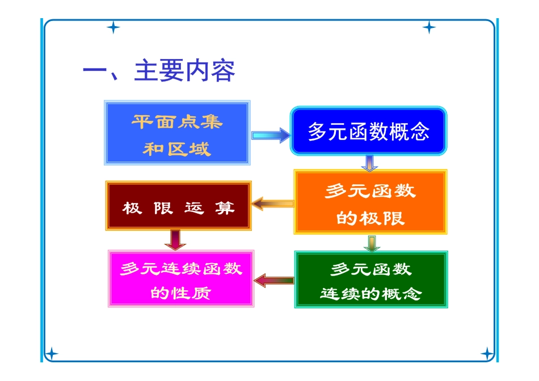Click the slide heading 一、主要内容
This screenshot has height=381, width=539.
[x=159, y=71]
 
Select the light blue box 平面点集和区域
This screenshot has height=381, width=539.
[x=177, y=133]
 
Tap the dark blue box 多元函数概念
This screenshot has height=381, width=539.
[x=369, y=131]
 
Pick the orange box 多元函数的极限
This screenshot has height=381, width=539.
[x=370, y=202]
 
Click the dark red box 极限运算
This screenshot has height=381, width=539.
[x=178, y=206]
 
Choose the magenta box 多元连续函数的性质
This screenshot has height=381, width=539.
[x=181, y=279]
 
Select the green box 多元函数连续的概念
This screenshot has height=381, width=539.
[x=371, y=280]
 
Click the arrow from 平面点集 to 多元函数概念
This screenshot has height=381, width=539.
[x=270, y=136]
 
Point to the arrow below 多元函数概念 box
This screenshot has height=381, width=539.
[x=369, y=163]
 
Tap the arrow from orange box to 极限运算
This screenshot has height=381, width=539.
[x=273, y=204]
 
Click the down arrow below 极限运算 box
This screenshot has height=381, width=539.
[x=175, y=239]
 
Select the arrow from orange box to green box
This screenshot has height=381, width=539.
[x=371, y=242]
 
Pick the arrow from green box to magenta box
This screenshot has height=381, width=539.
[x=274, y=280]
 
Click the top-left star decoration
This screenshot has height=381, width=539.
[x=113, y=27]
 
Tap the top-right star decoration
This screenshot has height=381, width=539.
[x=429, y=27]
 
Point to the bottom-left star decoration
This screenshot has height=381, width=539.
[x=51, y=354]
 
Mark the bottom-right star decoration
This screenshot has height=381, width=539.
[x=487, y=354]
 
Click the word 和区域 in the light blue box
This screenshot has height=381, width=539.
[x=177, y=149]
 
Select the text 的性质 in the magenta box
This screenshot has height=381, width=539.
[x=181, y=293]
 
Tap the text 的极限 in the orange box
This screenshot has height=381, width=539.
[x=370, y=218]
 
